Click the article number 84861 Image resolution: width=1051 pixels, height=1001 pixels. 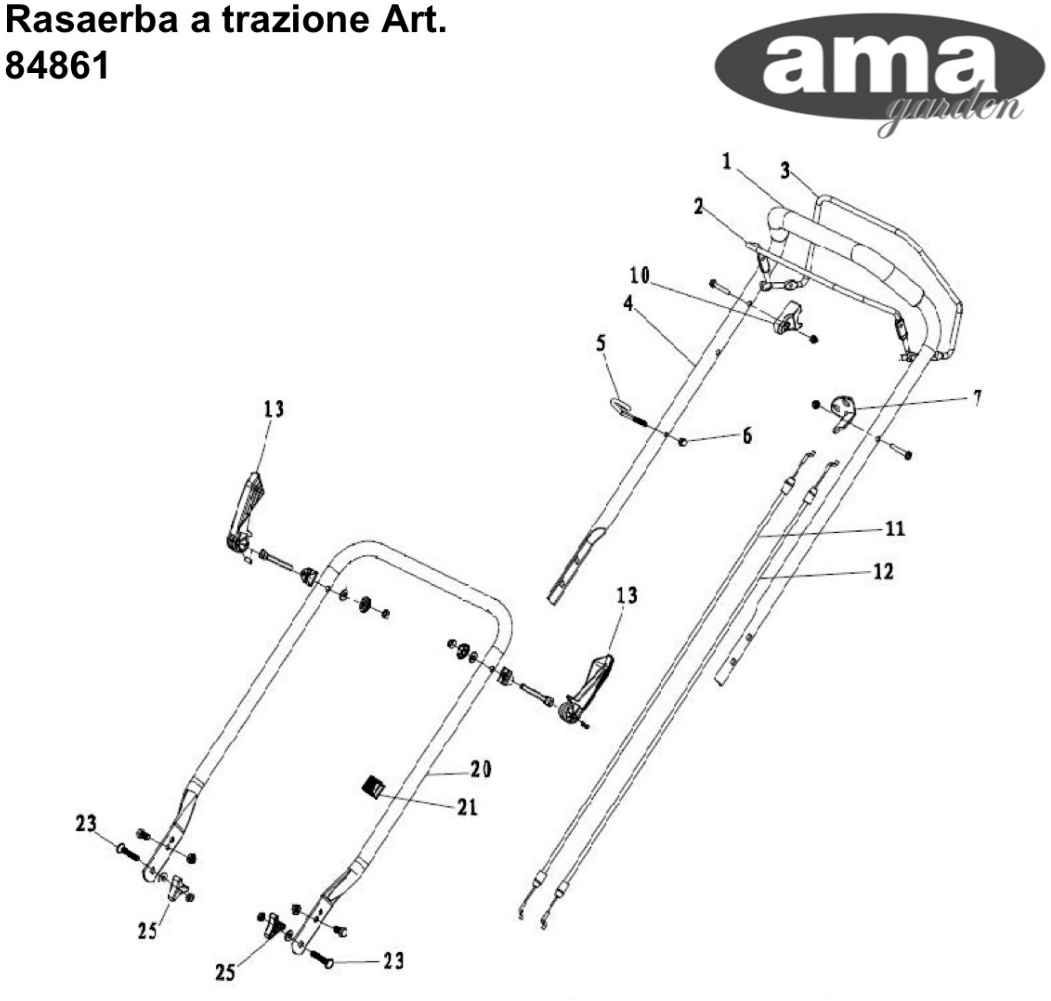pos(56,65)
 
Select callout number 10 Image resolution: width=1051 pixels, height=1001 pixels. pos(640,275)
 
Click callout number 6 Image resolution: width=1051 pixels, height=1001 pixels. pos(747,435)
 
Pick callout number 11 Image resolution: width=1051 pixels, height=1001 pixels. pos(895,528)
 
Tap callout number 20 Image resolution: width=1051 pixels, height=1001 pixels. pos(481,769)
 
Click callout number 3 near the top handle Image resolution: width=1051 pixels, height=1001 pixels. pos(785,171)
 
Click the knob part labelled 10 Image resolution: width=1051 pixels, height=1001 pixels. pos(788,319)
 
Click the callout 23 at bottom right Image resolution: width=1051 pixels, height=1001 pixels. pos(394,961)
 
